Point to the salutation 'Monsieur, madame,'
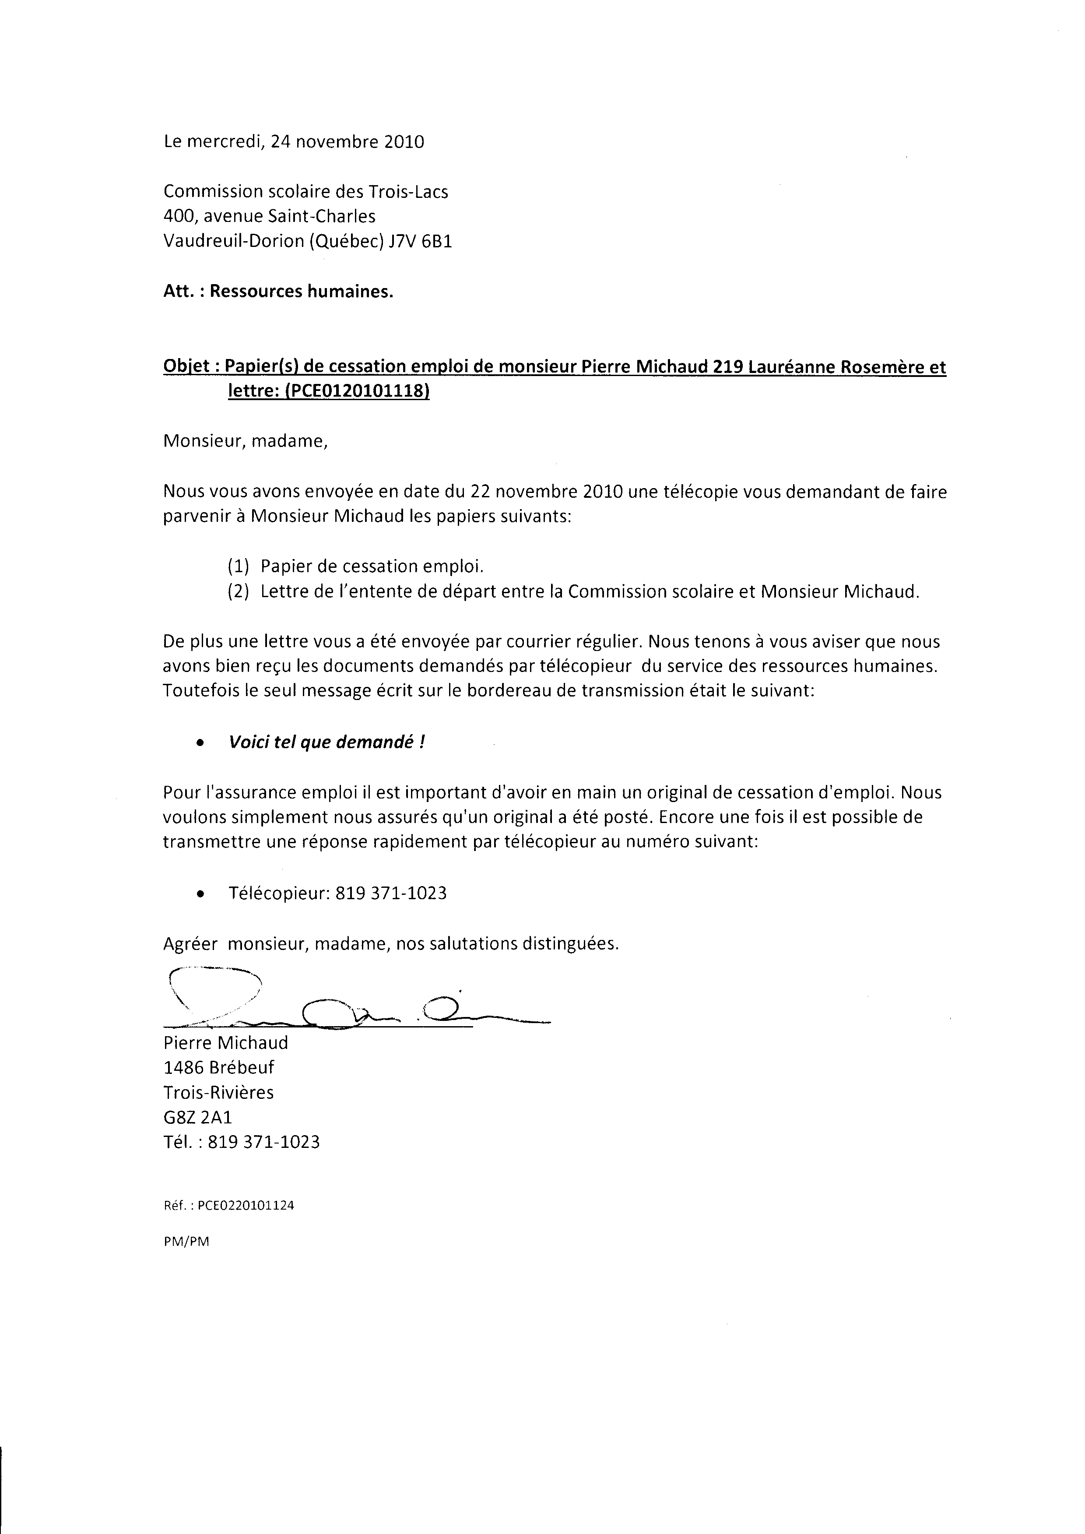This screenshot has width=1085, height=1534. [245, 442]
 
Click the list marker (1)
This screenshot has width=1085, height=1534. [238, 566]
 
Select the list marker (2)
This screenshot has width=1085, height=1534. [238, 591]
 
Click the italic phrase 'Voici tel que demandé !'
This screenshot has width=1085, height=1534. [327, 742]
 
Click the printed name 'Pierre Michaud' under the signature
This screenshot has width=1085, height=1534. [226, 1042]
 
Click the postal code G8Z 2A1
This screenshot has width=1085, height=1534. [198, 1117]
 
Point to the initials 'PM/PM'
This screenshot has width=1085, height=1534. [186, 1242]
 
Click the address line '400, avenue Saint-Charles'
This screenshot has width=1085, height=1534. [269, 216]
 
